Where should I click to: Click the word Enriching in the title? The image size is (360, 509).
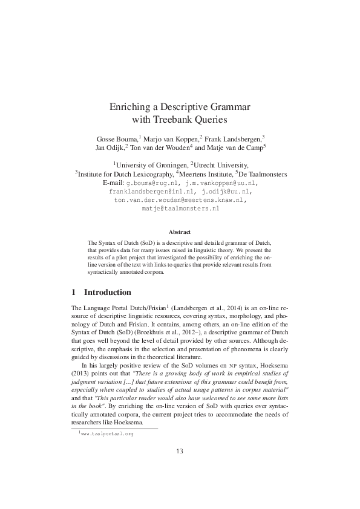(129, 107)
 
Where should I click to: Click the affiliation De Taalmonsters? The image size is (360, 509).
(264, 174)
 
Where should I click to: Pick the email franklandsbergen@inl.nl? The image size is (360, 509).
(149, 191)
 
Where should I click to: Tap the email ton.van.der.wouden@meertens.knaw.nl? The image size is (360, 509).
(180, 199)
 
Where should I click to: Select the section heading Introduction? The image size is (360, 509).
(107, 293)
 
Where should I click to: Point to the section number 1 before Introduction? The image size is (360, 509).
(73, 293)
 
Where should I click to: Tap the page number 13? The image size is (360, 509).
(180, 452)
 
